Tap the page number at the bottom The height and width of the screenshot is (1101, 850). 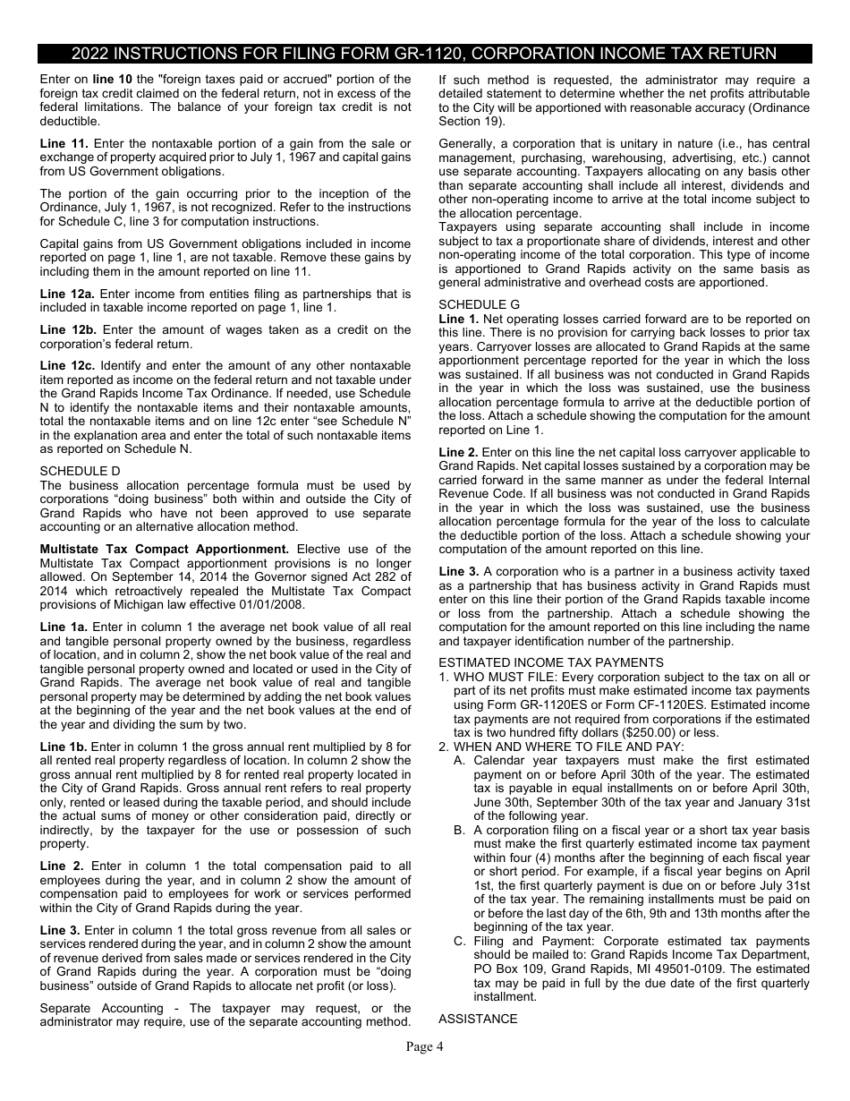click(x=424, y=1046)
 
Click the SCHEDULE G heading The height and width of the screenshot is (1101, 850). click(x=479, y=305)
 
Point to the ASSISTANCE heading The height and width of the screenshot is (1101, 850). click(x=478, y=1019)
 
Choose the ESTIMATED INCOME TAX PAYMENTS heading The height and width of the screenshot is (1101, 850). click(x=551, y=662)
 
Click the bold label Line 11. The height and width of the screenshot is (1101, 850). click(x=64, y=143)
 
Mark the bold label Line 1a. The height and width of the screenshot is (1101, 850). click(x=64, y=627)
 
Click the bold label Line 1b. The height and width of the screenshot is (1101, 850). click(x=64, y=747)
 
